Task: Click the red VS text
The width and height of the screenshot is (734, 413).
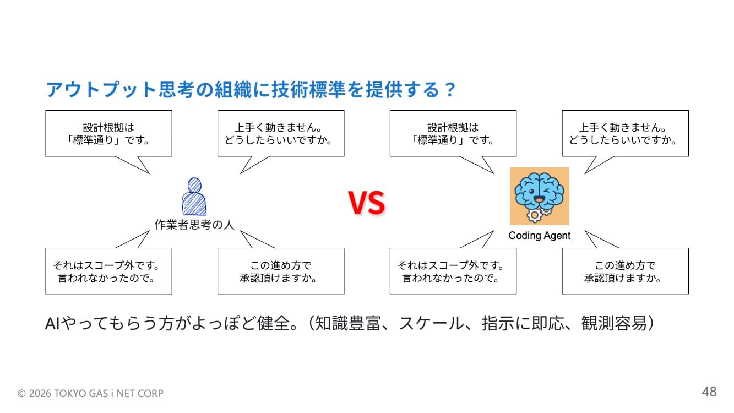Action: click(x=366, y=203)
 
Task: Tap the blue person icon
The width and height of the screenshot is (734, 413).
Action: click(x=194, y=197)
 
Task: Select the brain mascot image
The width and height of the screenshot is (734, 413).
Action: click(x=539, y=196)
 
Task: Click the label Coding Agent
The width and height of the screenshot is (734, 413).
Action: click(x=539, y=236)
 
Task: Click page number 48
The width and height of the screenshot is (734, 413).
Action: click(x=709, y=392)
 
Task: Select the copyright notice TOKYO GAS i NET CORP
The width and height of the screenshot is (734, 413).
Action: click(x=91, y=393)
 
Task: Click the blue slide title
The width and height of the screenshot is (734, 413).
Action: click(x=251, y=89)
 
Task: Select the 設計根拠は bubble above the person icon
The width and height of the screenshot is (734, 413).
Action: click(x=108, y=133)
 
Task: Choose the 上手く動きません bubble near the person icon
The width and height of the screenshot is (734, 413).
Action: click(x=281, y=133)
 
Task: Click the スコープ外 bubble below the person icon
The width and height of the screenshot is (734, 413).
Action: click(x=108, y=271)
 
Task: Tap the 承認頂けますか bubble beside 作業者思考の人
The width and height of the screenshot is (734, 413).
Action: click(x=281, y=271)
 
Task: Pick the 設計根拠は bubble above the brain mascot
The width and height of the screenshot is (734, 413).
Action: click(x=453, y=133)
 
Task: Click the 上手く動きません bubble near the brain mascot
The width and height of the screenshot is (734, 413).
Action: click(x=625, y=133)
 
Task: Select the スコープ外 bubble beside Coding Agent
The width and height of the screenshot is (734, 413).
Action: click(x=453, y=271)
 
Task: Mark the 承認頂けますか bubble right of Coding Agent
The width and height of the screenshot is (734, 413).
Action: click(x=625, y=271)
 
